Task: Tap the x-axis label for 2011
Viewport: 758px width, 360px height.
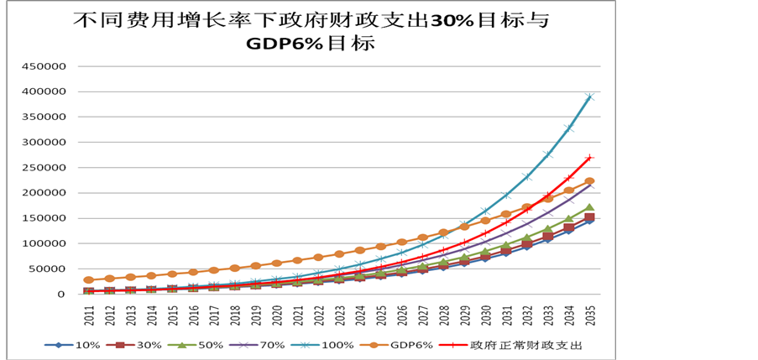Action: pos(89,315)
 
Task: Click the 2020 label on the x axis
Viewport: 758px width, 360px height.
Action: pos(277,315)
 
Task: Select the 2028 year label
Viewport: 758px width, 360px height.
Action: pos(444,315)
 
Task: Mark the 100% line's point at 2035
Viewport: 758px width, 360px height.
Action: pos(590,97)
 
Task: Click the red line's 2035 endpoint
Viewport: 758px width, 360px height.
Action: pos(590,158)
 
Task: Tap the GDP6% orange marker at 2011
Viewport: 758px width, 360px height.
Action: pos(89,280)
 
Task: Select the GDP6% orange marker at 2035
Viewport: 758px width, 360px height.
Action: pos(590,181)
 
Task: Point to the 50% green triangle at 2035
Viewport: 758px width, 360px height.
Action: pos(590,207)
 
